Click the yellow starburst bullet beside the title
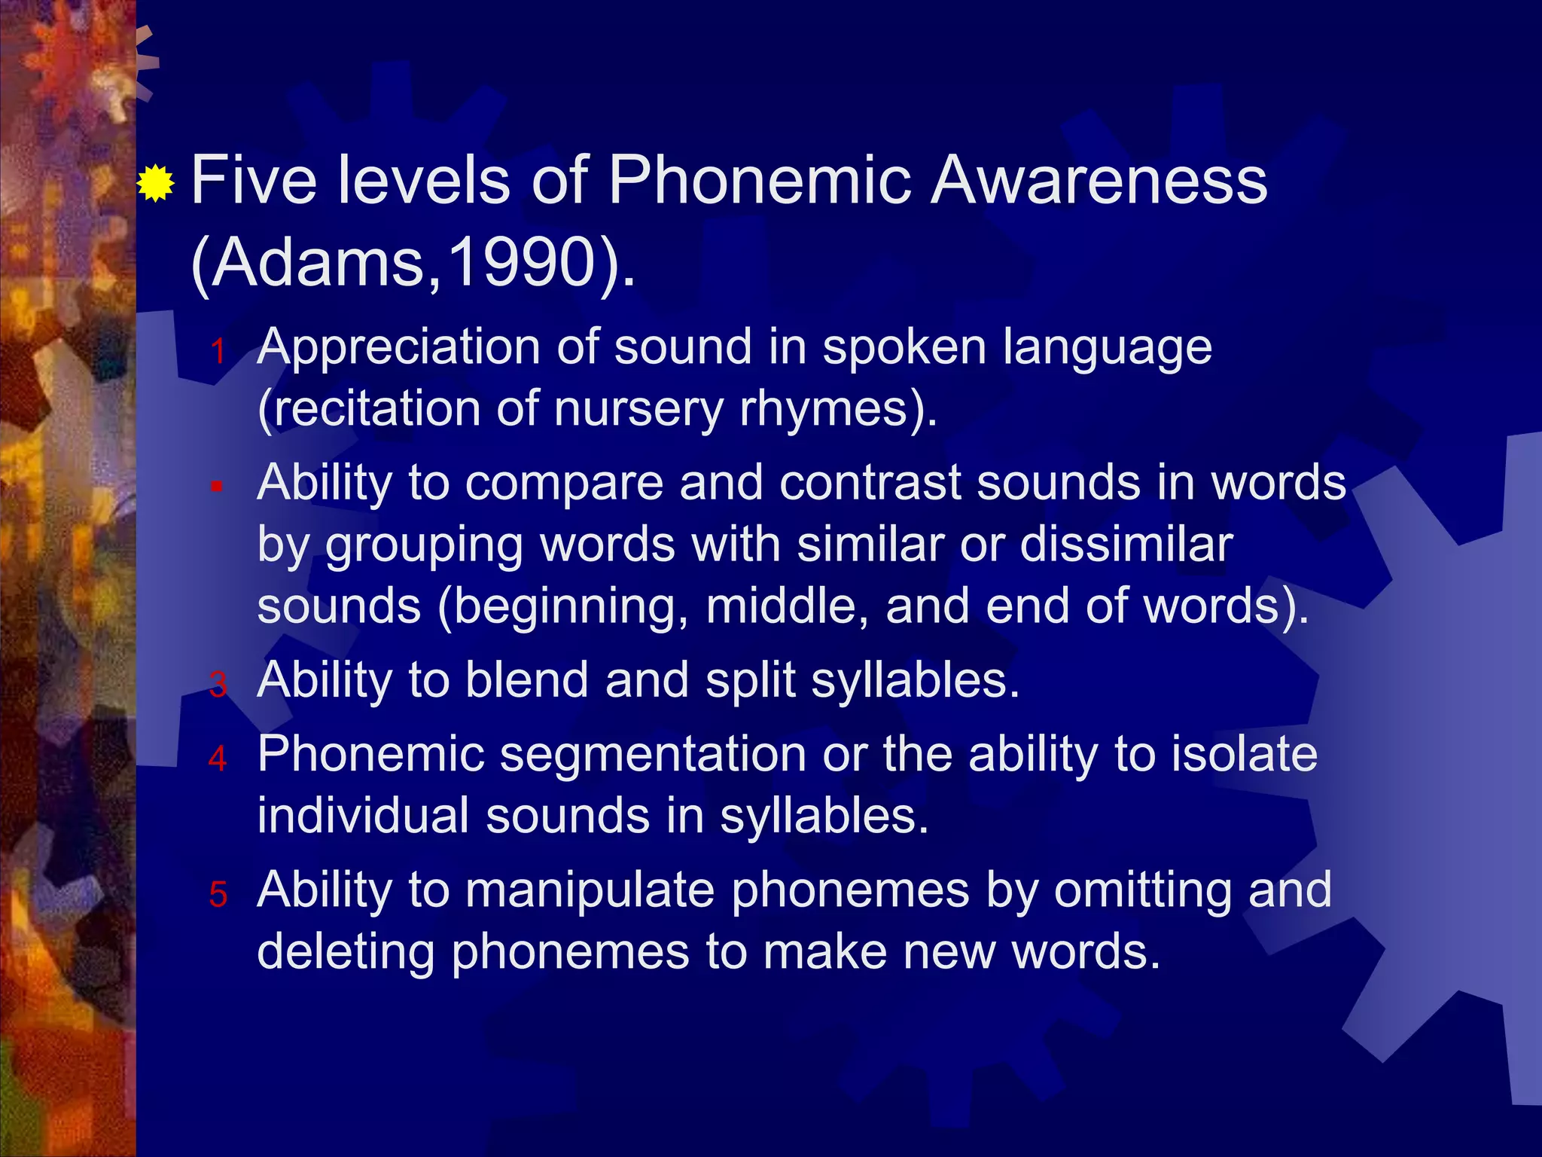tap(156, 182)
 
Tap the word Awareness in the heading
tap(1099, 181)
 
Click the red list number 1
tap(218, 352)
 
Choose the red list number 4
tap(218, 759)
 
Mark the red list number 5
tap(218, 894)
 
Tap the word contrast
tap(870, 483)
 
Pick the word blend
tap(526, 680)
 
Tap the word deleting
tap(346, 951)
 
